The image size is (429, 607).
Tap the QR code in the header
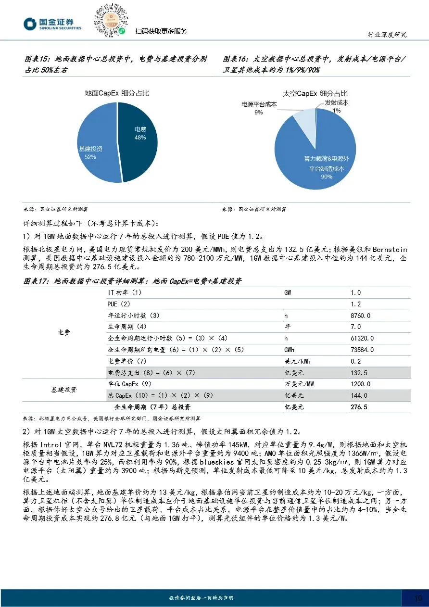tap(111, 20)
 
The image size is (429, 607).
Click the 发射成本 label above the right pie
tap(336, 102)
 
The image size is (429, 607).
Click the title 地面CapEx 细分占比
tap(117, 93)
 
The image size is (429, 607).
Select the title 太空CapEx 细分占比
tap(315, 93)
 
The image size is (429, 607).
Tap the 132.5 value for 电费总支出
tap(359, 373)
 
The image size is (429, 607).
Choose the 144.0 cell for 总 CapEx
tap(359, 395)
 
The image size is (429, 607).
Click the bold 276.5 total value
tap(359, 407)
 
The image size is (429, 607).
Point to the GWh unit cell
tap(290, 350)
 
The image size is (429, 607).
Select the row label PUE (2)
tap(119, 304)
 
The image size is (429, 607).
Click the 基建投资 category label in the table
tap(63, 390)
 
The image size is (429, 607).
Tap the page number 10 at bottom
tap(418, 598)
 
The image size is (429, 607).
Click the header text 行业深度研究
tap(387, 35)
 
